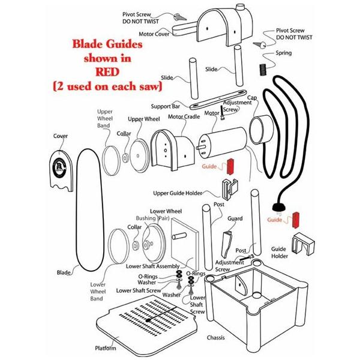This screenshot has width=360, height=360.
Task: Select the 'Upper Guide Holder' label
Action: pyautogui.click(x=178, y=193)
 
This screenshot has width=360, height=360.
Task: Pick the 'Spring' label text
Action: pyautogui.click(x=284, y=53)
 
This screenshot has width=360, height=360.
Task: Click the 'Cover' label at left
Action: pyautogui.click(x=61, y=136)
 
